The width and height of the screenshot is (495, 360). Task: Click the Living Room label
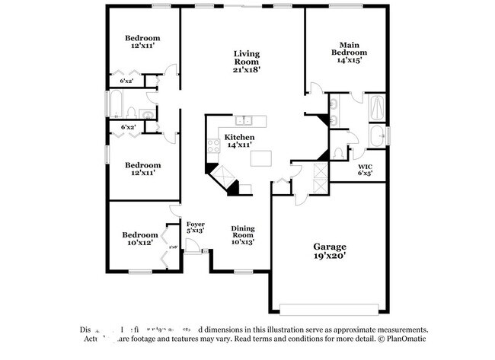click(x=247, y=61)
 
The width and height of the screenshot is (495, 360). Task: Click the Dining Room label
click(x=243, y=234)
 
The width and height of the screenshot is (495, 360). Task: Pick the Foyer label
click(x=196, y=228)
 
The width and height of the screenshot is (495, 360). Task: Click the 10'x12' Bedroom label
click(x=142, y=239)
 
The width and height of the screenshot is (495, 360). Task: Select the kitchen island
click(x=262, y=158)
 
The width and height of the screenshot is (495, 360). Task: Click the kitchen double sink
click(x=244, y=119)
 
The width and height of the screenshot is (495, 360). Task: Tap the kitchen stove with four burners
click(x=213, y=148)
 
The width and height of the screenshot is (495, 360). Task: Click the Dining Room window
click(x=243, y=272)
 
